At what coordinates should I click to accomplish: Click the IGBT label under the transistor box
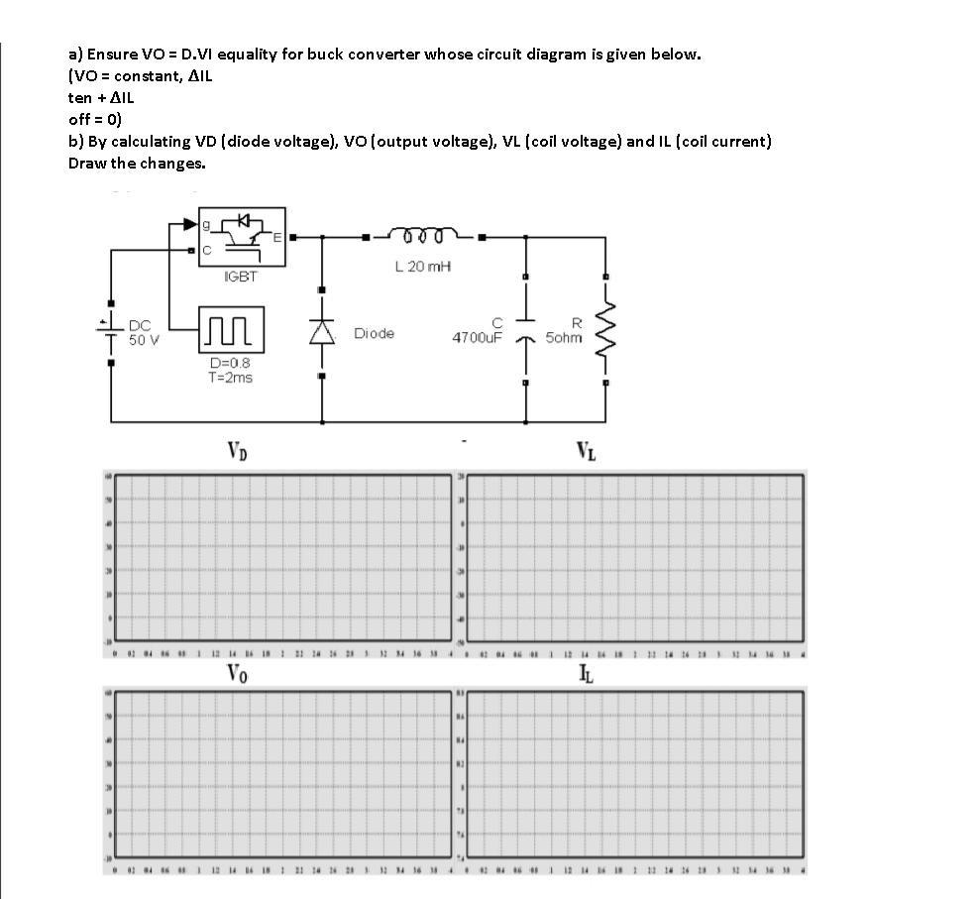coord(241,277)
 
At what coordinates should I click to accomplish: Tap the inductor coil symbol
coord(424,235)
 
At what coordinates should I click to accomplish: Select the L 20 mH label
coord(423,267)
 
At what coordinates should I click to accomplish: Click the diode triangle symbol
coord(321,333)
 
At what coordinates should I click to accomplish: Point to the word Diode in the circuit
coord(374,334)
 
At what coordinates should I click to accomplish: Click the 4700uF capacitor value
coord(478,338)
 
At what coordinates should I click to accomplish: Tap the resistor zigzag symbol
coord(605,330)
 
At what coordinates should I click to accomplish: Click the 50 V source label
coord(144,338)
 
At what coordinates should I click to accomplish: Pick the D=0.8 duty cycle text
coord(230,363)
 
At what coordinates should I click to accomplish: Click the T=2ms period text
coord(230,377)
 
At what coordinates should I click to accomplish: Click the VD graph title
coord(237,453)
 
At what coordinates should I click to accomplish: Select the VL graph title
coord(587,453)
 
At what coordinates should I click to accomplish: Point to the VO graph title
coord(237,674)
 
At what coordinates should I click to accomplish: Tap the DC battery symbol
coord(111,331)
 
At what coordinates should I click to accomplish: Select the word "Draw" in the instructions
coord(87,163)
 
